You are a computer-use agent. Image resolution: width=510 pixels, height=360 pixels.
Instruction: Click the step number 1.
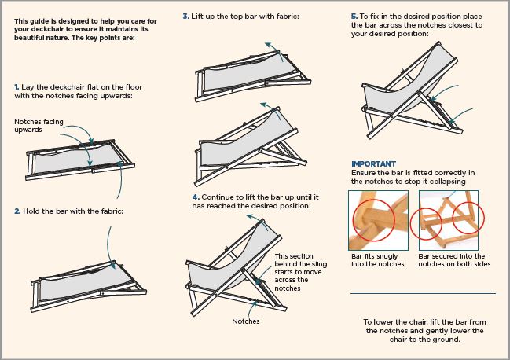pos(17,87)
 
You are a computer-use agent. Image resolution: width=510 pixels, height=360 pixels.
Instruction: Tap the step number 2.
pos(17,211)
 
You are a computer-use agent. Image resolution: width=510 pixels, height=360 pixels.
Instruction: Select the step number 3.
pos(185,17)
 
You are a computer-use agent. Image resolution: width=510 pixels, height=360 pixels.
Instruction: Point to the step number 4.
pos(196,197)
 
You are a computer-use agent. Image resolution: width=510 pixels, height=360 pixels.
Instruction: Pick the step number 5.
pos(354,17)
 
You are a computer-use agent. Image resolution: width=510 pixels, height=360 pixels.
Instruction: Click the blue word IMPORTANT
pos(374,164)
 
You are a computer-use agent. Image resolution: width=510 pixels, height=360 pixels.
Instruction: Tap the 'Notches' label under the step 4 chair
pos(246,321)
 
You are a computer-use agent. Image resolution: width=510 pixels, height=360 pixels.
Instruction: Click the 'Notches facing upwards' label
pos(39,126)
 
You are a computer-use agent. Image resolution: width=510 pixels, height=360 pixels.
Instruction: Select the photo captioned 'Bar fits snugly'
pos(378,220)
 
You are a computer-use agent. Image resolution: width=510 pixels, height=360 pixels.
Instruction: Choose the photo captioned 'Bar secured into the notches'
pos(449,220)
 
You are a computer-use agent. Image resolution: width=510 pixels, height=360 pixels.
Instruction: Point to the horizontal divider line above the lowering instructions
pos(423,294)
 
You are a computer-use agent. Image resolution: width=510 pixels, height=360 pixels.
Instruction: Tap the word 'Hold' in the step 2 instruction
pos(31,211)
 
